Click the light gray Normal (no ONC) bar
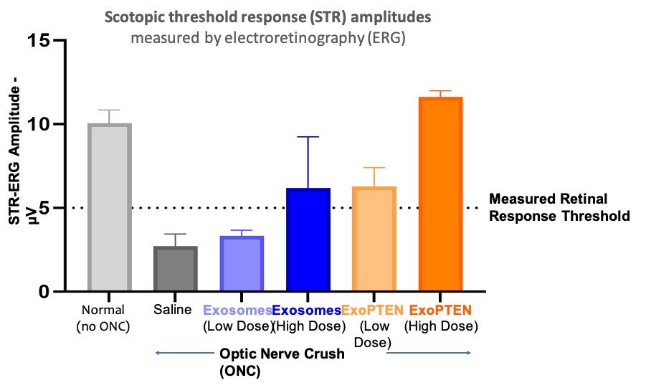click(x=109, y=208)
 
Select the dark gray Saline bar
click(x=176, y=269)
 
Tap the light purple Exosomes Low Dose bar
click(x=242, y=264)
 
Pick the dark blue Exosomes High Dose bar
click(x=308, y=240)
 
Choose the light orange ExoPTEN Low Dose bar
click(x=374, y=240)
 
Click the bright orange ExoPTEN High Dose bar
click(x=440, y=194)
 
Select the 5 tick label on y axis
click(x=47, y=208)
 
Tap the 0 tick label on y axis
click(x=47, y=292)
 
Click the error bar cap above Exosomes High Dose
click(x=308, y=137)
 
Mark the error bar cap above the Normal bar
click(x=109, y=110)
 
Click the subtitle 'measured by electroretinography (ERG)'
click(x=267, y=38)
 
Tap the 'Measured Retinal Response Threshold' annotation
click(x=559, y=207)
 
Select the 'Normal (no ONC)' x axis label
click(x=104, y=318)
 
